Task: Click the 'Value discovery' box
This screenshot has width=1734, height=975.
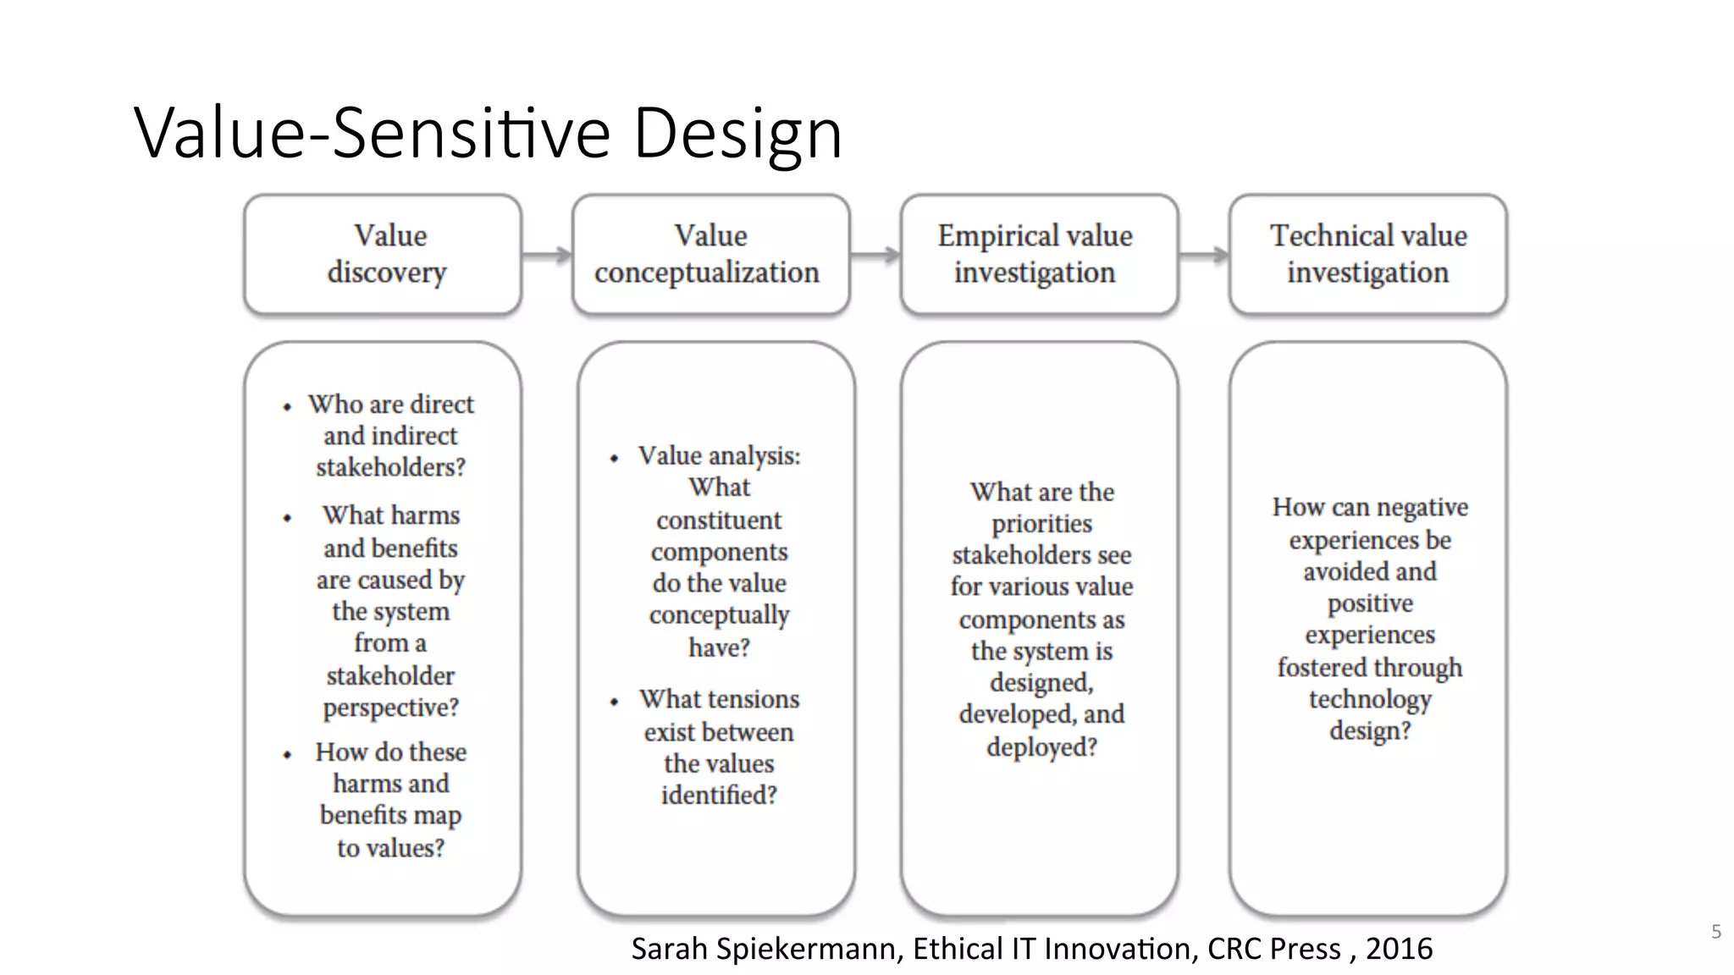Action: (x=383, y=254)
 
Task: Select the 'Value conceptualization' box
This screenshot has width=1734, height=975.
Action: (x=710, y=254)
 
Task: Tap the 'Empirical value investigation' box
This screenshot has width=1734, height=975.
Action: (x=1039, y=254)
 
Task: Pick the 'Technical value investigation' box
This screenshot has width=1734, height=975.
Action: (x=1367, y=254)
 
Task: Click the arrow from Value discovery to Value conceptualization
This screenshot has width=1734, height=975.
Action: (x=547, y=254)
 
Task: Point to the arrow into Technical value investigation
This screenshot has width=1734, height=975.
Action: (x=1204, y=254)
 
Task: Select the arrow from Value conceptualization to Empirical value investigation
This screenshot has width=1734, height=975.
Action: (x=875, y=254)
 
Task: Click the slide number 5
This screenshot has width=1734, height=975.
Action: (x=1716, y=932)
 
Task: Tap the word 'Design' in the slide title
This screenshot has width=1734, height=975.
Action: (x=737, y=133)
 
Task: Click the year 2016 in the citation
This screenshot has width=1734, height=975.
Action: (x=1399, y=949)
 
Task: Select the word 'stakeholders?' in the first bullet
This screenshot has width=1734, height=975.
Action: (x=390, y=467)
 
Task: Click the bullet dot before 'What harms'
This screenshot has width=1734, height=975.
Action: (x=287, y=517)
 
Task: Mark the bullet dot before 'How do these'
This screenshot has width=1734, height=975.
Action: (x=287, y=754)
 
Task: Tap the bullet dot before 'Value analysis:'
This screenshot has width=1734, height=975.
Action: (x=614, y=459)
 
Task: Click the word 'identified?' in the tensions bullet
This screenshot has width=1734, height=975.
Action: (x=719, y=796)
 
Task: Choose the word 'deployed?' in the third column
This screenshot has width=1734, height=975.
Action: (x=1041, y=747)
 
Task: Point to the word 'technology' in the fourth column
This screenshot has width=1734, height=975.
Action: (x=1370, y=699)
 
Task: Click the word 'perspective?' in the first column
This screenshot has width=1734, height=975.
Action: (x=390, y=708)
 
